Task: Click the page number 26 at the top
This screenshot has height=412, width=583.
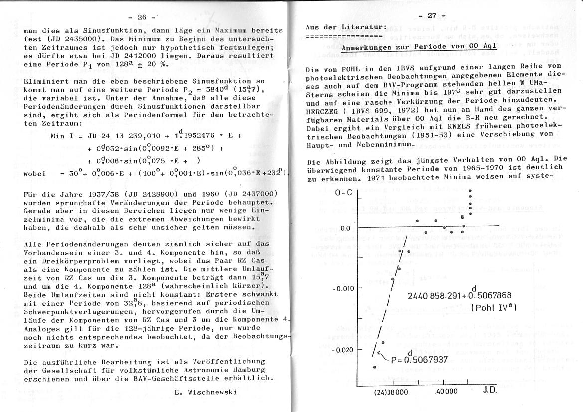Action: pyautogui.click(x=142, y=17)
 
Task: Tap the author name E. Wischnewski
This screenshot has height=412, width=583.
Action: pyautogui.click(x=205, y=392)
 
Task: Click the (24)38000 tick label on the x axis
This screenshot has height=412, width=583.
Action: pyautogui.click(x=390, y=392)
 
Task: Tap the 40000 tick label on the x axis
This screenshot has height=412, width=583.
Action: pyautogui.click(x=446, y=392)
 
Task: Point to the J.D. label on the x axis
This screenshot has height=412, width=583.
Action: pyautogui.click(x=490, y=390)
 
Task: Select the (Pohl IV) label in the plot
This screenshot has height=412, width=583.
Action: pyautogui.click(x=493, y=308)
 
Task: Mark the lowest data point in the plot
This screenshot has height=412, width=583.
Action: pyautogui.click(x=374, y=367)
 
